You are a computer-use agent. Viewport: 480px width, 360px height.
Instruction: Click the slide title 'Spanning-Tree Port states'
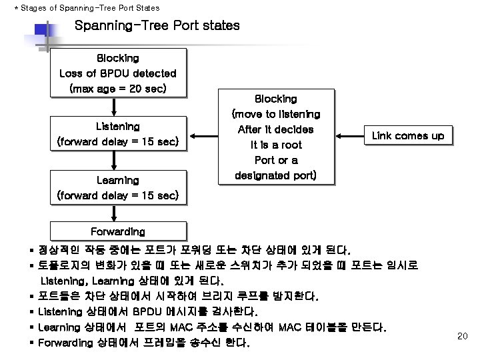157,27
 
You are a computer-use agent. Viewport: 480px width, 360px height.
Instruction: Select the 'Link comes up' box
407,135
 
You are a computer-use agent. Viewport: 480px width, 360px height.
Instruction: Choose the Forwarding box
117,231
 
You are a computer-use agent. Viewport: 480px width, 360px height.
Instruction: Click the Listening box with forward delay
117,133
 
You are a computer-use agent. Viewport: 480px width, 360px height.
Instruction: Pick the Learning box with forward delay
117,187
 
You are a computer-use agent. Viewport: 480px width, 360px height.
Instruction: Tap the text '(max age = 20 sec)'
117,88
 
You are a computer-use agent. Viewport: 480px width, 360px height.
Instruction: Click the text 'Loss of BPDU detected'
117,73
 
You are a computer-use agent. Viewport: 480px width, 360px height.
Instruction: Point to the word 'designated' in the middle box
261,176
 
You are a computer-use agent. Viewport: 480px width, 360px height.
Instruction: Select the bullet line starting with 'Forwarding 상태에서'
144,343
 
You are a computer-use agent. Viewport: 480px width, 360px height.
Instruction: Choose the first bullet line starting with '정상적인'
193,250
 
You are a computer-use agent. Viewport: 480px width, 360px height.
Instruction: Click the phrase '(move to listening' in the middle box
275,114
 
